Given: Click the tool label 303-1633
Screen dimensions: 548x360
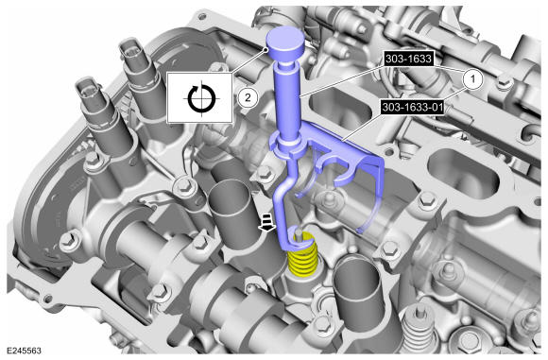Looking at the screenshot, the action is (408, 59).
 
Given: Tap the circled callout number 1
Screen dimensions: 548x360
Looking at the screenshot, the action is (472, 79).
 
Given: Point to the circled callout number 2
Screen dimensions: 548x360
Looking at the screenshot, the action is (248, 97).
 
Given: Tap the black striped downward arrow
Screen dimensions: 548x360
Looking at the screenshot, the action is (266, 223).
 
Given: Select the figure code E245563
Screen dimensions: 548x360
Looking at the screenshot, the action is (24, 351).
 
